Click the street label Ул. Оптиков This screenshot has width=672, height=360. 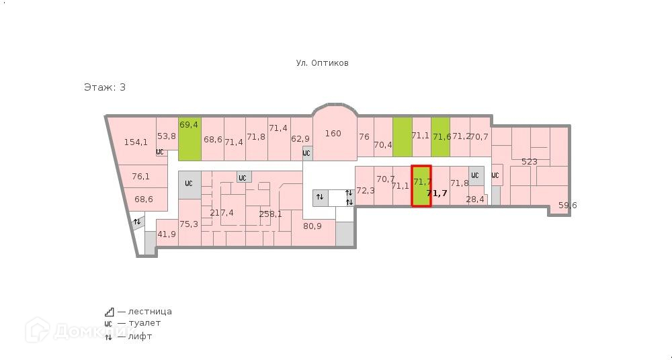click(x=322, y=63)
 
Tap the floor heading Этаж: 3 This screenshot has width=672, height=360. click(x=104, y=87)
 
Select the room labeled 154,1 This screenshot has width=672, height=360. click(x=136, y=142)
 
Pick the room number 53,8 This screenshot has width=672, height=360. click(x=166, y=136)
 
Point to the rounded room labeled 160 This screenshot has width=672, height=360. click(x=333, y=134)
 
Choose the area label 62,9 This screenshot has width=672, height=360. click(x=300, y=139)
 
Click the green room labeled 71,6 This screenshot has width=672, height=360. click(x=441, y=136)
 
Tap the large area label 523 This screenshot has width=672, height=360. click(x=530, y=161)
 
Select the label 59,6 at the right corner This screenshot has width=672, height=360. click(x=568, y=206)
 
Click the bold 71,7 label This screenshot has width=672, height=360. click(x=437, y=193)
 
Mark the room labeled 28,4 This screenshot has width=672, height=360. click(x=475, y=199)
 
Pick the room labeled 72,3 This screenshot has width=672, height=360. click(x=365, y=191)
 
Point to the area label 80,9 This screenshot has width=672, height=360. click(x=312, y=226)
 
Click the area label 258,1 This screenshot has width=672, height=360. click(x=270, y=214)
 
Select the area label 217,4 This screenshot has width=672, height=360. click(x=222, y=213)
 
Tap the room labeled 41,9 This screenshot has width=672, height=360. click(x=167, y=234)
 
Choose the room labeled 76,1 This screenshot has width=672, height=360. click(x=140, y=177)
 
